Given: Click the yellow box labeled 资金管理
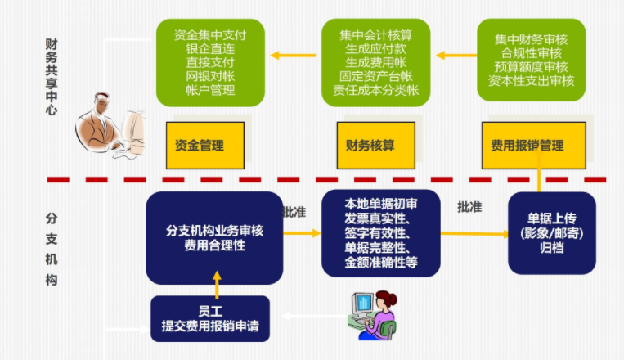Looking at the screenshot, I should click(x=199, y=145).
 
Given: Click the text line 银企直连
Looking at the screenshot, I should click(x=209, y=49).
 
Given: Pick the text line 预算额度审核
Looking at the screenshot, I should click(x=533, y=66).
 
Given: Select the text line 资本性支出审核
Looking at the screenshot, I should click(x=533, y=80).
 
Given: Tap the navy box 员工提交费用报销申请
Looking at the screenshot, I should click(x=210, y=318).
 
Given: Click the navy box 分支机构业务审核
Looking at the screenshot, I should click(x=214, y=237).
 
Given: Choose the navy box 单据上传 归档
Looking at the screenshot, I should click(x=551, y=232).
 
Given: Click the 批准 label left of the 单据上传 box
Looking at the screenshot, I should click(x=469, y=208).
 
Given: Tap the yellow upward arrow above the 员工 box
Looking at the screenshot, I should click(x=217, y=283).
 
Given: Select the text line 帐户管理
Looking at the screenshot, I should click(x=209, y=90).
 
